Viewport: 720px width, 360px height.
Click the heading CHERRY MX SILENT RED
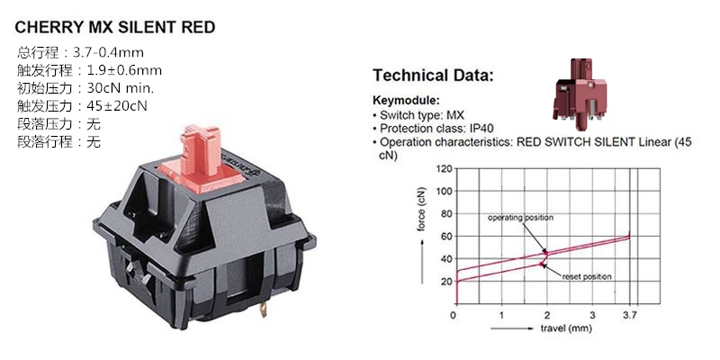(x=115, y=28)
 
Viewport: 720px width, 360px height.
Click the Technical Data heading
(x=433, y=76)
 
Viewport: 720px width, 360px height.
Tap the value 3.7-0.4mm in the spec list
(x=108, y=52)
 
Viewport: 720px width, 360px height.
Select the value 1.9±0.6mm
(x=124, y=70)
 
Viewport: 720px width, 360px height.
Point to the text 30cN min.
(x=121, y=87)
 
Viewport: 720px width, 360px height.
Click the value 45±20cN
(x=117, y=105)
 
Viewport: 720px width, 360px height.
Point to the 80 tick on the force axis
(x=445, y=213)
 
